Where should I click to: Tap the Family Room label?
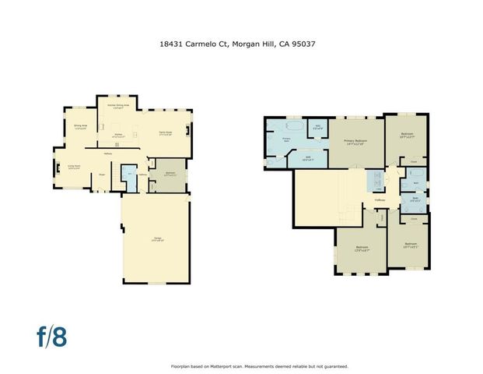(165, 133)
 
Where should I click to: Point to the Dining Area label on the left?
(79, 126)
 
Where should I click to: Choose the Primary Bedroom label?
(355, 141)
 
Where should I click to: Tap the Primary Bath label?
(286, 139)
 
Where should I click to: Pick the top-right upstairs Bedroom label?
(407, 135)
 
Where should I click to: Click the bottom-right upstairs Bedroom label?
(411, 245)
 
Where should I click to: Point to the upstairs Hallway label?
(380, 199)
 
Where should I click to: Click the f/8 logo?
(52, 337)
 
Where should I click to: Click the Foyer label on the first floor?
(102, 175)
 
